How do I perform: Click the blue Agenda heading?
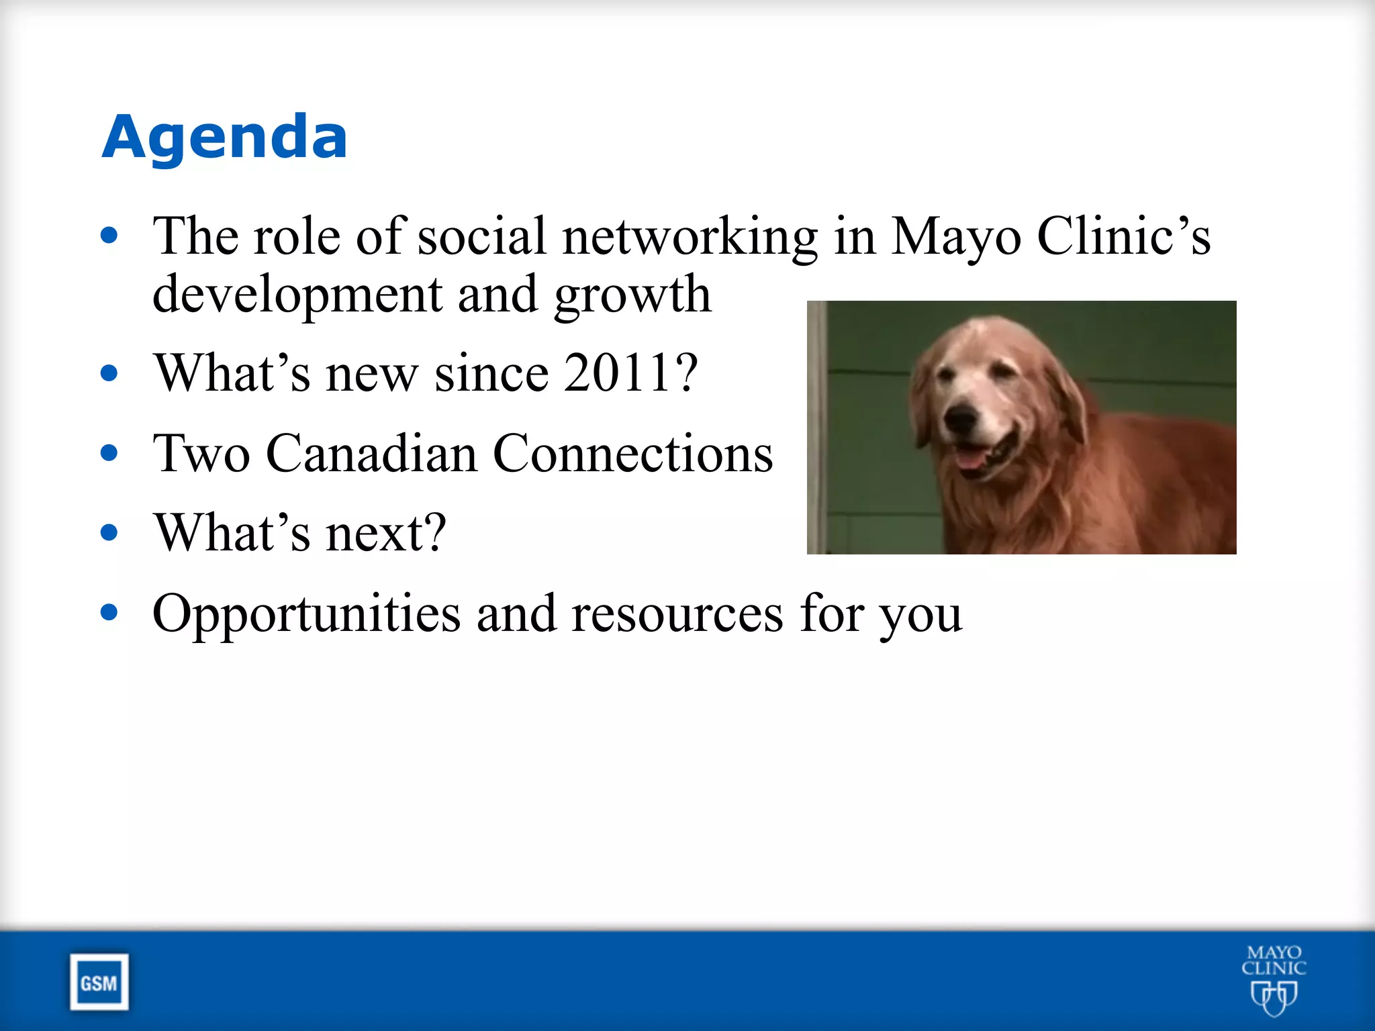224,137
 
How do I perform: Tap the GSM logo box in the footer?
99,983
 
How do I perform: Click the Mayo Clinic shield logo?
1274,996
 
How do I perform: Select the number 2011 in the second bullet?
617,373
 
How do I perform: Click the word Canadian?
371,454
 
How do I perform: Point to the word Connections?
632,454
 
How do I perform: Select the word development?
297,295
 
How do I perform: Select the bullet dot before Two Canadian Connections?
109,453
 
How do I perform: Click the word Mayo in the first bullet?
956,238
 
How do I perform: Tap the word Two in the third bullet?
201,454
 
